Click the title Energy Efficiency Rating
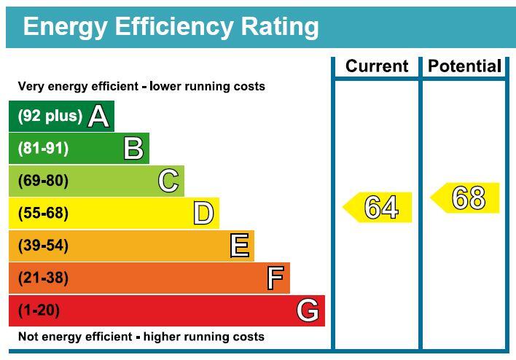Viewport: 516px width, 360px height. pyautogui.click(x=171, y=27)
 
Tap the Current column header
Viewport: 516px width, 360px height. pyautogui.click(x=377, y=66)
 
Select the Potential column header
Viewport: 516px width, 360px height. pyautogui.click(x=464, y=66)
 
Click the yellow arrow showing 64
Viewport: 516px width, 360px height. pyautogui.click(x=378, y=208)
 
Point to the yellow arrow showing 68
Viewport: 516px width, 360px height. pyautogui.click(x=466, y=198)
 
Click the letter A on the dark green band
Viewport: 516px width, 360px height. pyautogui.click(x=98, y=117)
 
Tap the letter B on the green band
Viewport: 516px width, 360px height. pyautogui.click(x=133, y=149)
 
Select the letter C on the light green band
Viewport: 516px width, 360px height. pyautogui.click(x=168, y=181)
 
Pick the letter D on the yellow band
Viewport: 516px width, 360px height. pyautogui.click(x=203, y=214)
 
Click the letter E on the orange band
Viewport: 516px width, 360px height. pyautogui.click(x=239, y=246)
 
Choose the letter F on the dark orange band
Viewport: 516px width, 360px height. pyautogui.click(x=275, y=278)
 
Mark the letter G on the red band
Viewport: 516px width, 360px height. pyautogui.click(x=308, y=310)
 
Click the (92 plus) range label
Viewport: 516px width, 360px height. pyautogui.click(x=50, y=117)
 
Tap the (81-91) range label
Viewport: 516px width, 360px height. pyautogui.click(x=43, y=149)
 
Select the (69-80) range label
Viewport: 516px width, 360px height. pyautogui.click(x=43, y=181)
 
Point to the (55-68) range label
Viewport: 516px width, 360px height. pyautogui.click(x=43, y=214)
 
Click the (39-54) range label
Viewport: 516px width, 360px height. pyautogui.click(x=43, y=246)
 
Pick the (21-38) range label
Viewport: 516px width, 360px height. pyautogui.click(x=43, y=278)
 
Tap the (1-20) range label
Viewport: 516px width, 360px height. pyautogui.click(x=39, y=310)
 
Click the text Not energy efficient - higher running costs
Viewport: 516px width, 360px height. pyautogui.click(x=141, y=337)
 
